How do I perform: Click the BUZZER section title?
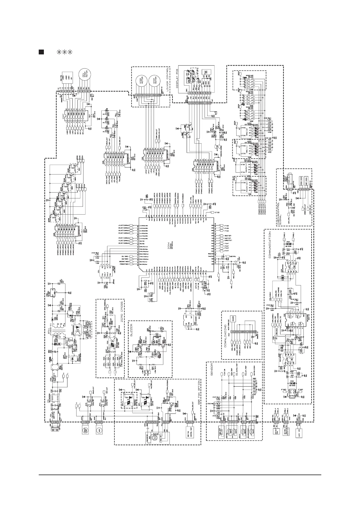pyautogui.click(x=131, y=332)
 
